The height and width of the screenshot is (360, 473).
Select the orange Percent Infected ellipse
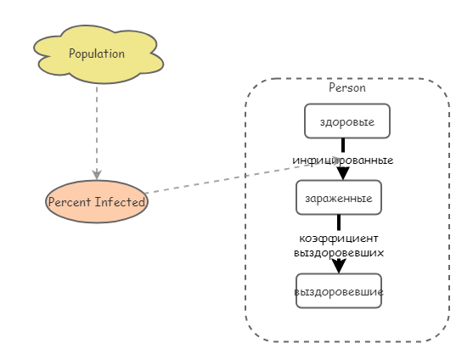[97, 202]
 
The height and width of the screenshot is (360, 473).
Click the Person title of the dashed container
[346, 87]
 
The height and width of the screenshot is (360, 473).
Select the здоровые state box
[346, 121]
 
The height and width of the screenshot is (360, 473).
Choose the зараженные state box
[338, 199]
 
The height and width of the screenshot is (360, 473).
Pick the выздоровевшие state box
[338, 291]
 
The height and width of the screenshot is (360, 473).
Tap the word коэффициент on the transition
[339, 239]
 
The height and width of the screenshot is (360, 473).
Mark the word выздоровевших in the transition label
[339, 252]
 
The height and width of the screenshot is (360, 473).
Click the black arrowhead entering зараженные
[343, 173]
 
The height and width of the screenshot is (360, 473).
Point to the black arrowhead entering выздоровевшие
[339, 266]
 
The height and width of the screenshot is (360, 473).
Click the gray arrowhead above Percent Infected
[97, 174]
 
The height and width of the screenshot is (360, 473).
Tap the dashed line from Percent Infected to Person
[221, 179]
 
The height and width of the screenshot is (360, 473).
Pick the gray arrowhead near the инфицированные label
[336, 160]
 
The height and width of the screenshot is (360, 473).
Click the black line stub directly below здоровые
[343, 145]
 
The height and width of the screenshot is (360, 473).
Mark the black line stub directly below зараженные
[339, 222]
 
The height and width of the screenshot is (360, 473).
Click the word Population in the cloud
[97, 53]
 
